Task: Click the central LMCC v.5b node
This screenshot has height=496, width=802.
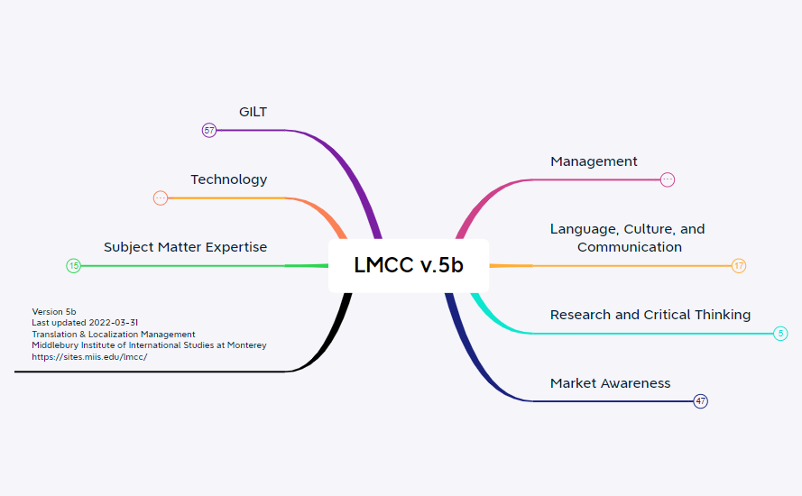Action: pyautogui.click(x=409, y=265)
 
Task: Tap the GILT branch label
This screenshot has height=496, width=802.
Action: pyautogui.click(x=253, y=112)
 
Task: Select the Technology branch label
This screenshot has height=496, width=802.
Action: pyautogui.click(x=228, y=179)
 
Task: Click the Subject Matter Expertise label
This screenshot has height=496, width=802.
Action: pyautogui.click(x=185, y=247)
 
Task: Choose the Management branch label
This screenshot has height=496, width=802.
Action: pyautogui.click(x=594, y=161)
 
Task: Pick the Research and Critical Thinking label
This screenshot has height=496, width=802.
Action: pyautogui.click(x=650, y=315)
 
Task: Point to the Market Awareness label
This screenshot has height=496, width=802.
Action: pyautogui.click(x=610, y=383)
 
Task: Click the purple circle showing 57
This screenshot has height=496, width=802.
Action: pyautogui.click(x=209, y=131)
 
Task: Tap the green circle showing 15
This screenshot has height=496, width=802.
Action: pyautogui.click(x=74, y=266)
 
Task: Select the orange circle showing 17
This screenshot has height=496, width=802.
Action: pyautogui.click(x=739, y=266)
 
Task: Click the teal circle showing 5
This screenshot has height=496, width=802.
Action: pyautogui.click(x=780, y=334)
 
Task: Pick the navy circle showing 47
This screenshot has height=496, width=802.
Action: pyautogui.click(x=700, y=401)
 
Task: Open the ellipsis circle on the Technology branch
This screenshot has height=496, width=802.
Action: pyautogui.click(x=161, y=198)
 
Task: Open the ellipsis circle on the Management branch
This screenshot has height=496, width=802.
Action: pyautogui.click(x=668, y=179)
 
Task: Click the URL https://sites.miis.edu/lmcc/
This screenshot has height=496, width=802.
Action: pyautogui.click(x=89, y=356)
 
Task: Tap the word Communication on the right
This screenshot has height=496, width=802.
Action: pyautogui.click(x=629, y=247)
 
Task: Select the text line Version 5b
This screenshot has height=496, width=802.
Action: pyautogui.click(x=54, y=312)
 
